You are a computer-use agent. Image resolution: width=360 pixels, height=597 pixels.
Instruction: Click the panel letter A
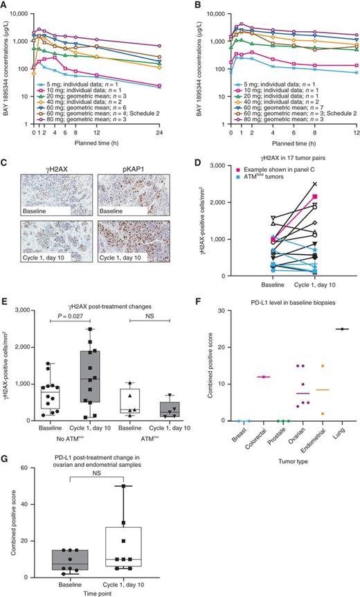pyautogui.click(x=6, y=6)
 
